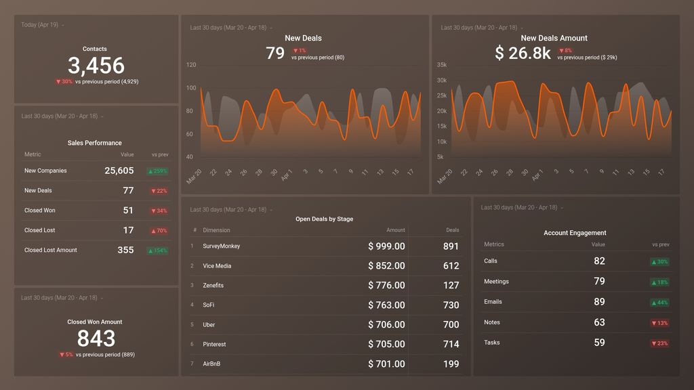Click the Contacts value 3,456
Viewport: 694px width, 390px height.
pyautogui.click(x=96, y=66)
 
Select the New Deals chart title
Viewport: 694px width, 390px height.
pyautogui.click(x=303, y=39)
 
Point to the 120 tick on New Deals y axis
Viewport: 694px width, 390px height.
pyautogui.click(x=191, y=65)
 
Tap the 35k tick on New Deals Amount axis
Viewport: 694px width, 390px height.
pyautogui.click(x=441, y=65)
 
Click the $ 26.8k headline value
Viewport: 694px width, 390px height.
pyautogui.click(x=523, y=53)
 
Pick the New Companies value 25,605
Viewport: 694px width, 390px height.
pyautogui.click(x=119, y=171)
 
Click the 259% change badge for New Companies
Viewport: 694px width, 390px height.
pyautogui.click(x=158, y=171)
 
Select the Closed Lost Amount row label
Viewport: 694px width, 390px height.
pyautogui.click(x=51, y=251)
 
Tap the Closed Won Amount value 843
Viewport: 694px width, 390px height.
pyautogui.click(x=96, y=338)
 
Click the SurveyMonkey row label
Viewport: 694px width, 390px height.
pyautogui.click(x=222, y=246)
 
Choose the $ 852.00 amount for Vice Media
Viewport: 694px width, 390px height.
pyautogui.click(x=386, y=266)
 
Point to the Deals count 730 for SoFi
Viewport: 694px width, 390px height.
pyautogui.click(x=451, y=305)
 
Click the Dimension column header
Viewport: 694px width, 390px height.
pyautogui.click(x=216, y=230)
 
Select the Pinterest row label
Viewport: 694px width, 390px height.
pyautogui.click(x=215, y=345)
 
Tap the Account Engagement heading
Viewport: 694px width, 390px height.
pyautogui.click(x=575, y=233)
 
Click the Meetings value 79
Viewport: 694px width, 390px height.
pyautogui.click(x=599, y=282)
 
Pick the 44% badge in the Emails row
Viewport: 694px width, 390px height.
pyautogui.click(x=659, y=303)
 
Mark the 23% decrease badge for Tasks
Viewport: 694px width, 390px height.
pyautogui.click(x=659, y=343)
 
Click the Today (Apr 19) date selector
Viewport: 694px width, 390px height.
pyautogui.click(x=42, y=25)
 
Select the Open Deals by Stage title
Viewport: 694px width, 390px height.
pyautogui.click(x=324, y=219)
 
